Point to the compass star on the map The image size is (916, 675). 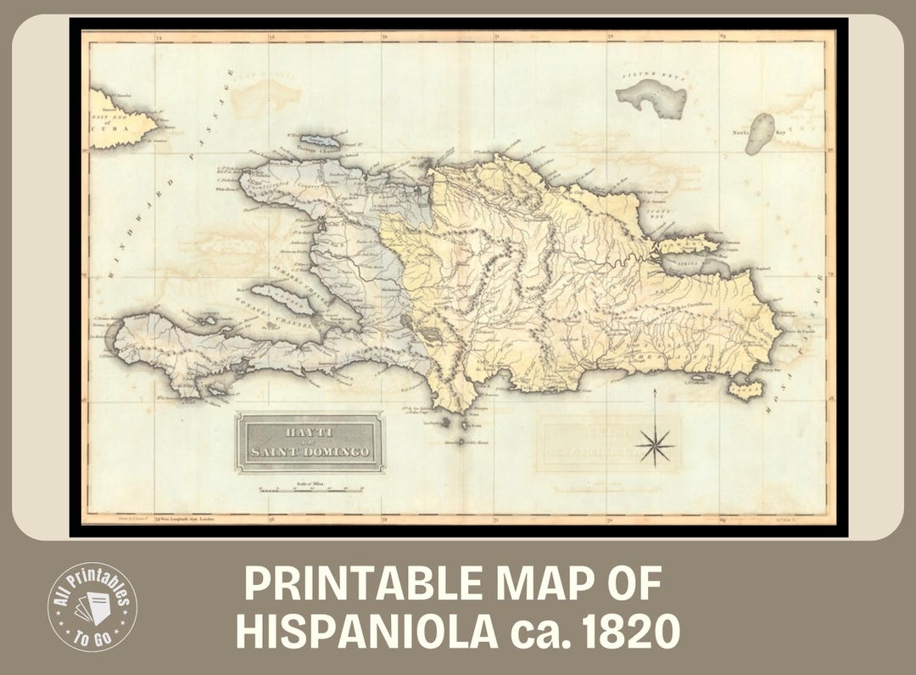point(655,444)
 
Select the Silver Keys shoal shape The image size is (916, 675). point(653,98)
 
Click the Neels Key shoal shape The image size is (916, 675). point(760,132)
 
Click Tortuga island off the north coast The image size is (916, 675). point(320,140)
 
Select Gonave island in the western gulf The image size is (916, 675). point(282,297)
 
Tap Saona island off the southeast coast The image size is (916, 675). point(746,390)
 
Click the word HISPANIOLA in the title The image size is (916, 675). point(366,632)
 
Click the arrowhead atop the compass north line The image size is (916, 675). point(655,393)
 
